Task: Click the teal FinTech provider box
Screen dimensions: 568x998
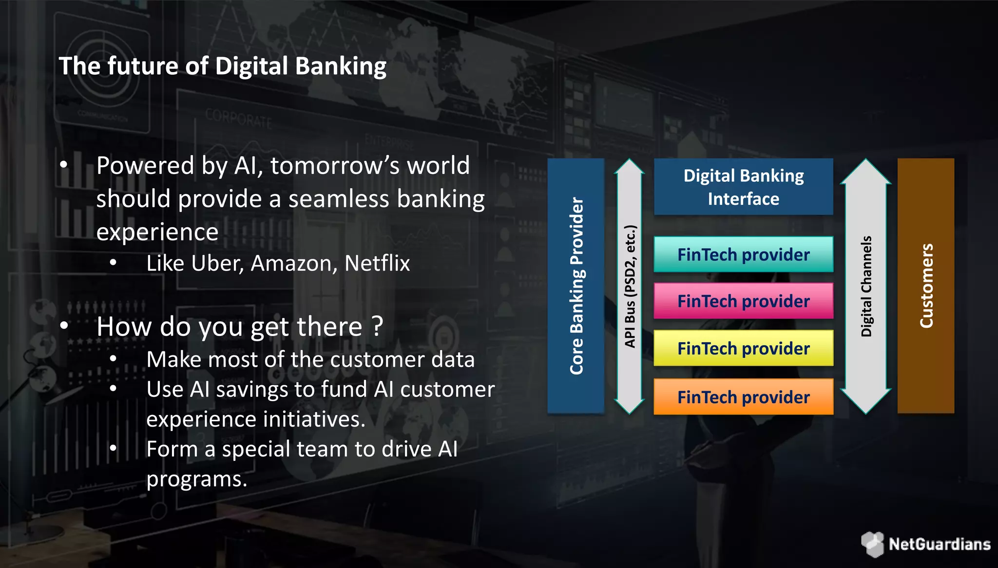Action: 743,255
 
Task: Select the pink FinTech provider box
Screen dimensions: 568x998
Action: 743,301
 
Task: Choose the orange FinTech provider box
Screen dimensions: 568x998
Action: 743,397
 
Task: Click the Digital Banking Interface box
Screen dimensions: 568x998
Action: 743,187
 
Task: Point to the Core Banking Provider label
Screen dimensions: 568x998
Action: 576,286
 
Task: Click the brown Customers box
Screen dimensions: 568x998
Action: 925,286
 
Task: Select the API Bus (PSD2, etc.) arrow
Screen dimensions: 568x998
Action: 630,286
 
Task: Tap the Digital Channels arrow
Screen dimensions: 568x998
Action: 866,286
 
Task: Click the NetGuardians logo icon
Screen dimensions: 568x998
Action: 872,544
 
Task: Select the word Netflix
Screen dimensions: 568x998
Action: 377,264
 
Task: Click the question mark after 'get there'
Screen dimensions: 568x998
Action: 377,327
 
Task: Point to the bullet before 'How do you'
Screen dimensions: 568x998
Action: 64,326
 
